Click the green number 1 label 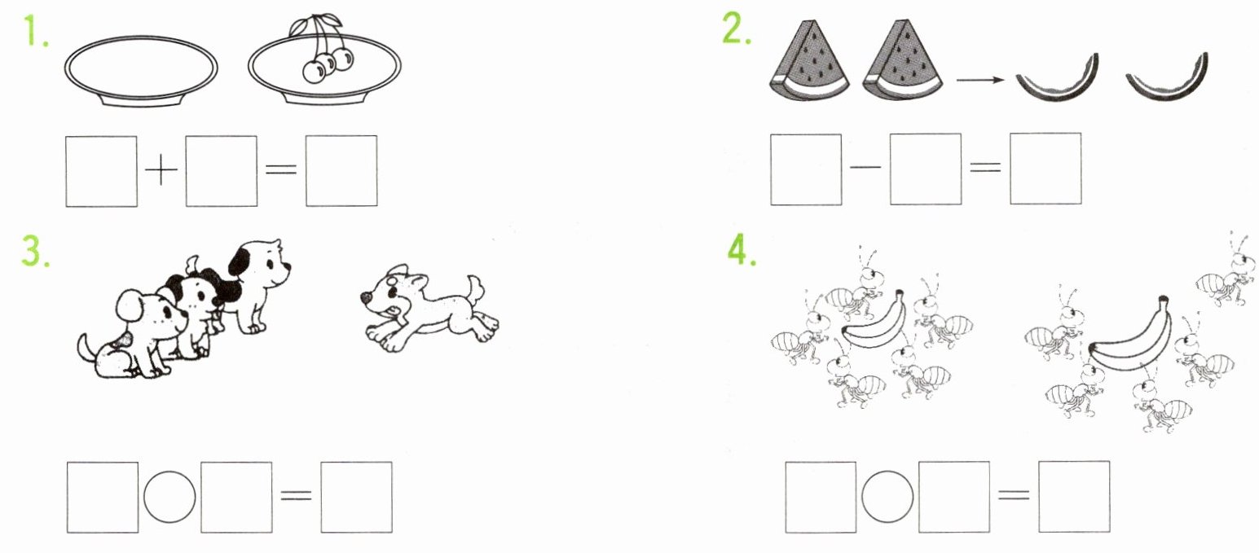click(36, 32)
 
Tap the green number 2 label click(737, 29)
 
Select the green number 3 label click(35, 251)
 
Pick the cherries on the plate click(324, 49)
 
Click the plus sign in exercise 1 click(161, 169)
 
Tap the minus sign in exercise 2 click(865, 168)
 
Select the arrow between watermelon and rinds click(980, 80)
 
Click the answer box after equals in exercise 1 click(341, 171)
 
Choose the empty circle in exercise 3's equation click(169, 497)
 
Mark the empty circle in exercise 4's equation click(887, 496)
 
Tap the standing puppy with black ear click(258, 287)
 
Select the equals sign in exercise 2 click(985, 167)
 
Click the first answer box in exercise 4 click(821, 498)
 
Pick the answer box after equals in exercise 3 click(356, 498)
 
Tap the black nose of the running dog click(365, 297)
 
